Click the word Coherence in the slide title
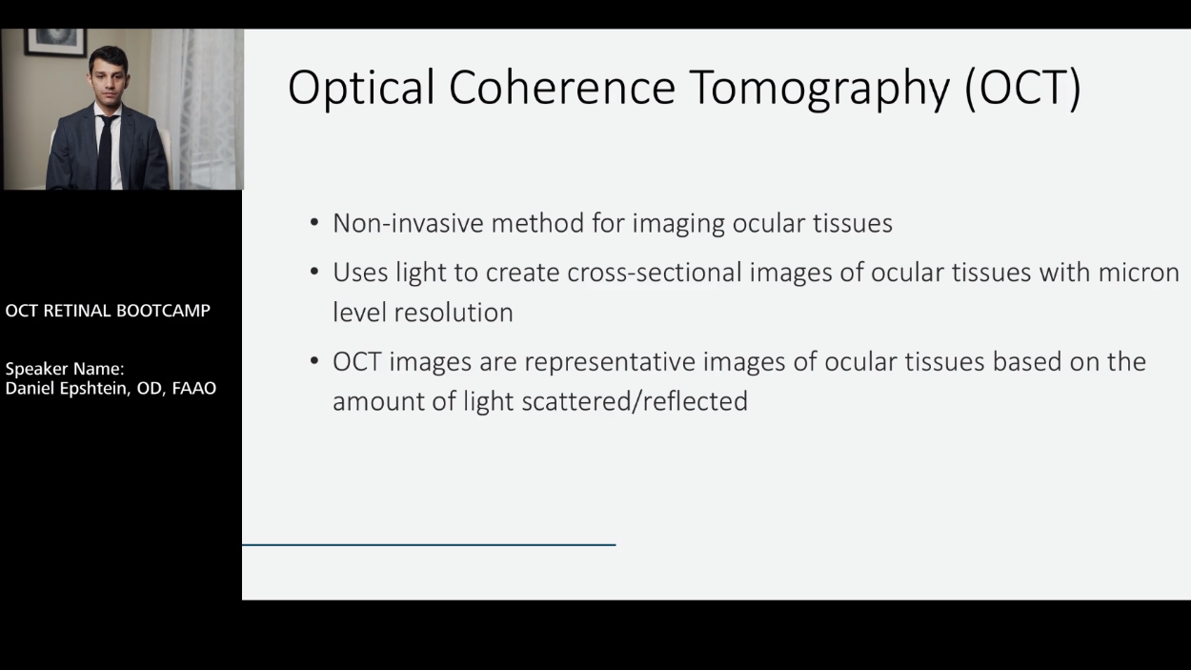(562, 87)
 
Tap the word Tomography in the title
(821, 90)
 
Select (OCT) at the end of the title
(1023, 89)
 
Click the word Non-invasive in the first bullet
(408, 223)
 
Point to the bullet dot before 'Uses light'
(314, 272)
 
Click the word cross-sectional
(655, 273)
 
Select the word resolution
(454, 313)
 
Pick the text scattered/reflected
(635, 401)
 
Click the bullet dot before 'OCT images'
(314, 361)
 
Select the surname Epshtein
(94, 389)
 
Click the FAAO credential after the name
(194, 388)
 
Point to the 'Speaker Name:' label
(65, 369)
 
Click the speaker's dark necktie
(107, 152)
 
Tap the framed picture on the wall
(54, 42)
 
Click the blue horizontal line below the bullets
(429, 544)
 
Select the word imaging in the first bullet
(677, 224)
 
